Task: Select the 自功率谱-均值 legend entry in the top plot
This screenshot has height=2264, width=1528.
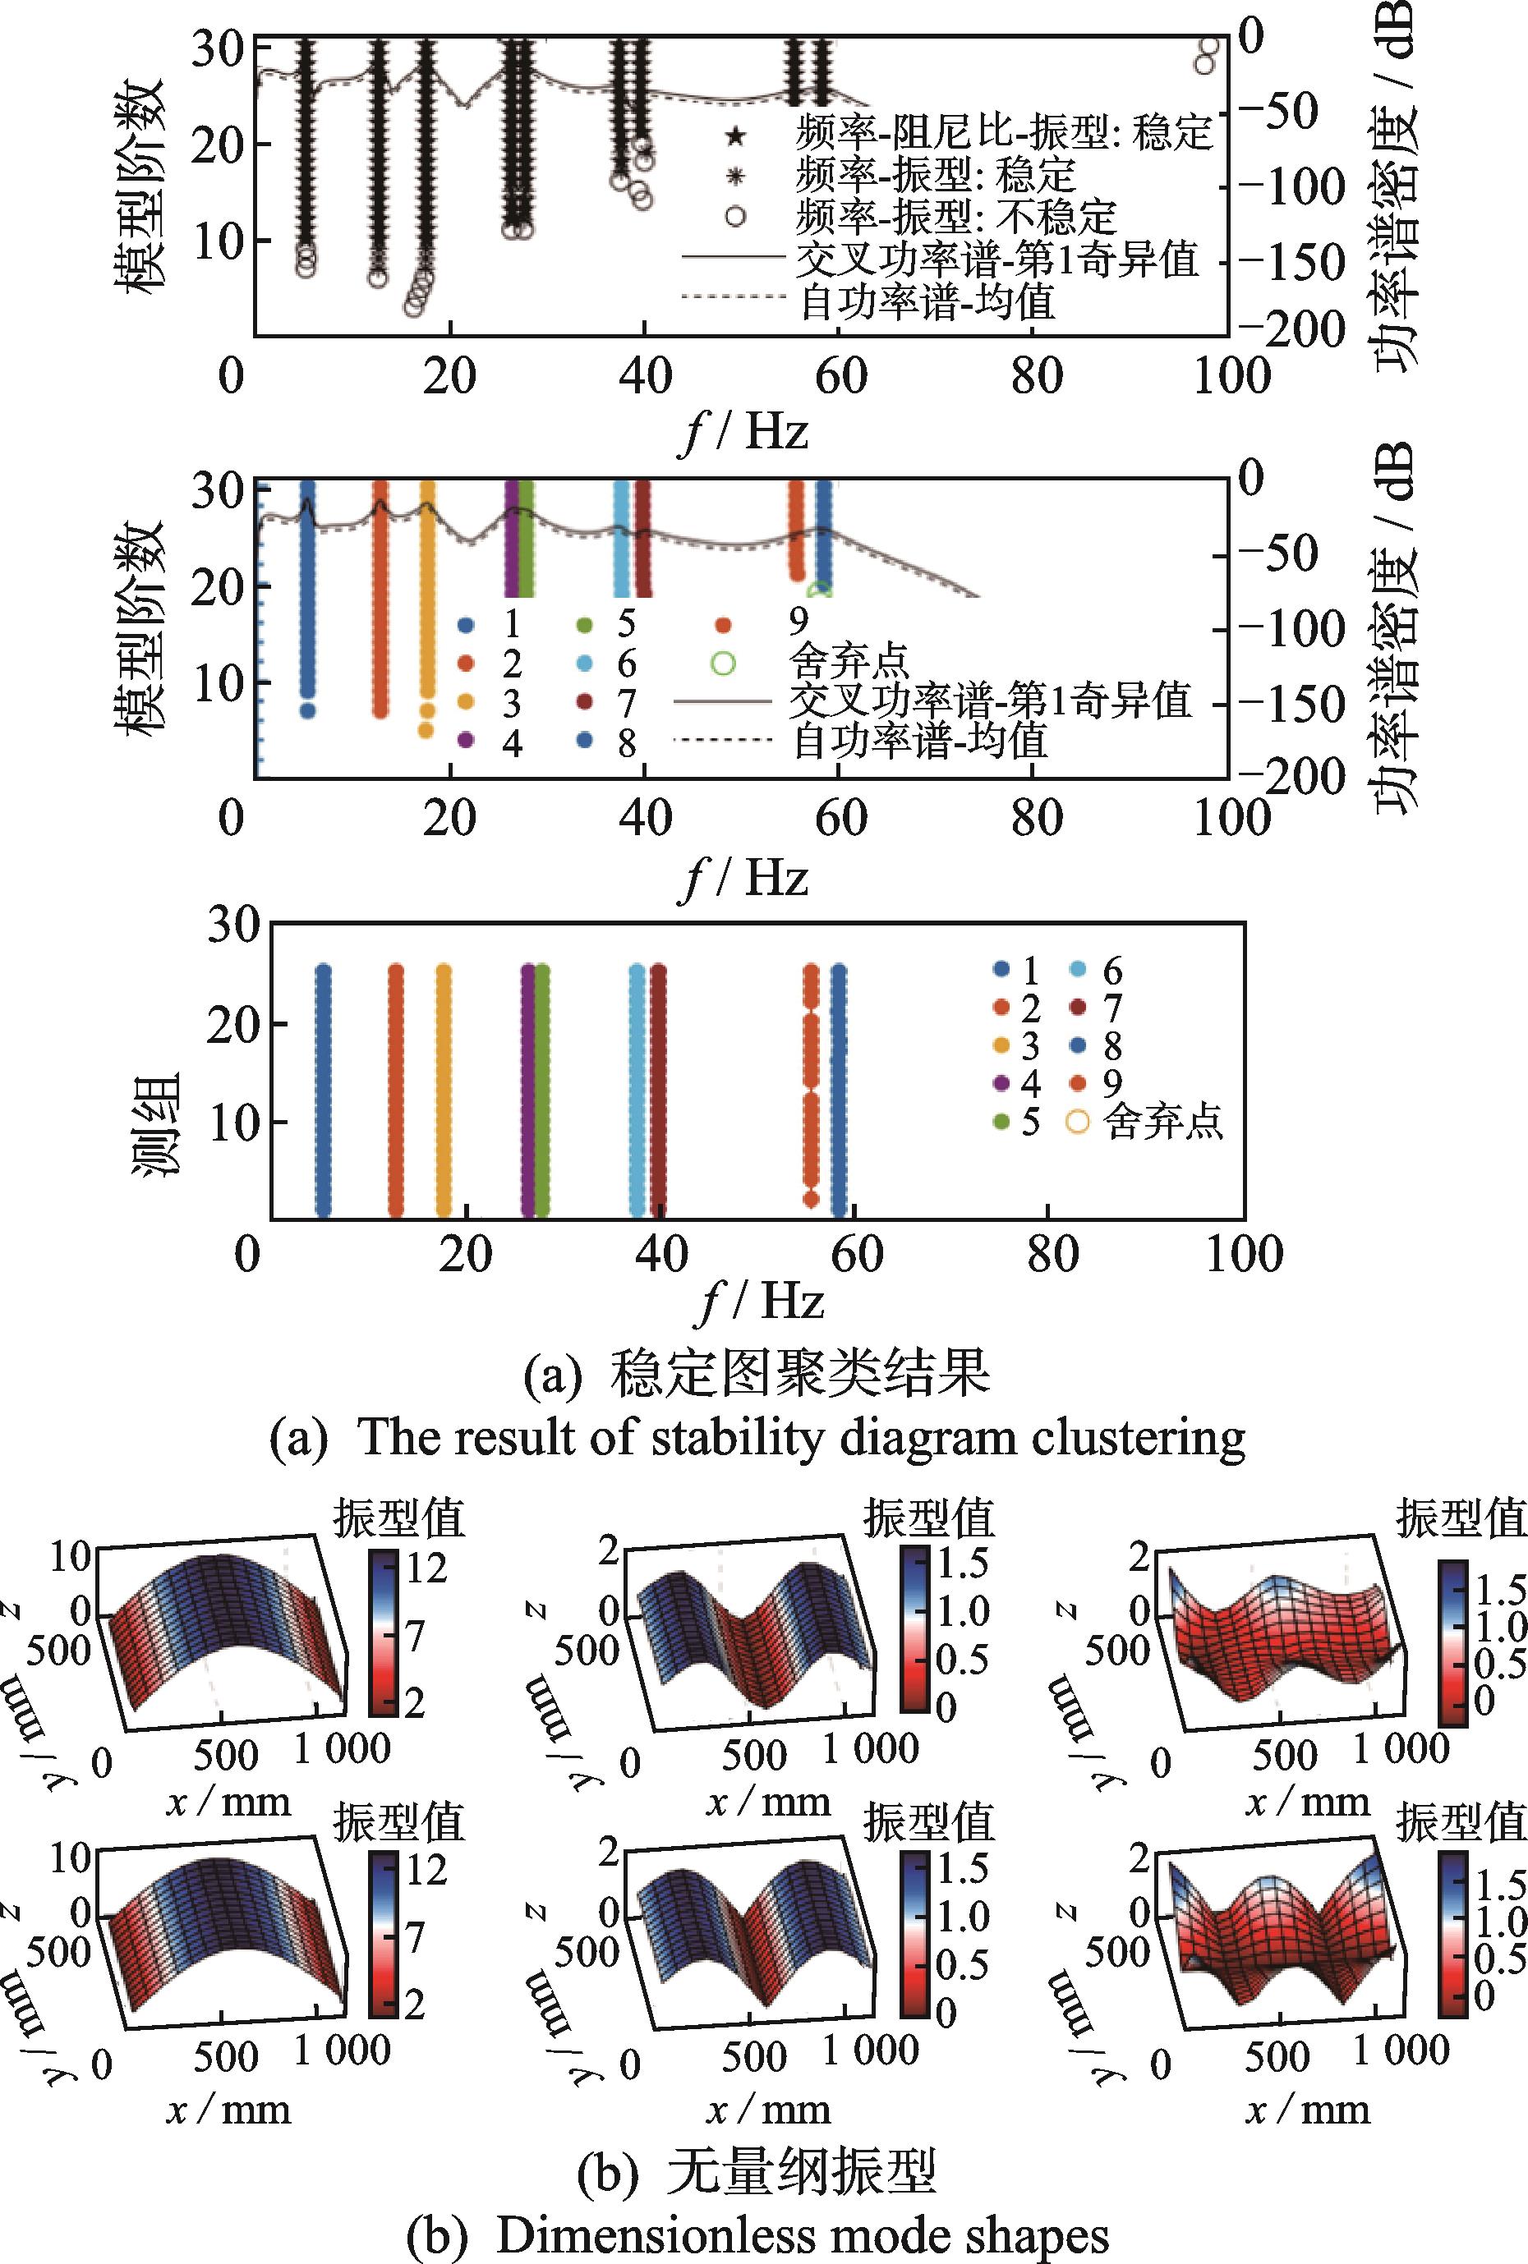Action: point(926,303)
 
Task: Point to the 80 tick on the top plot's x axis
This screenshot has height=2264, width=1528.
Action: point(1035,376)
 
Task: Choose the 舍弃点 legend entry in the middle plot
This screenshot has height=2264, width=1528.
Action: point(848,664)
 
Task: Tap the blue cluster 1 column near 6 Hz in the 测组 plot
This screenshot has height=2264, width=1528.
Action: point(323,1091)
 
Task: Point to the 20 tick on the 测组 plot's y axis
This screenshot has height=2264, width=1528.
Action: point(233,1024)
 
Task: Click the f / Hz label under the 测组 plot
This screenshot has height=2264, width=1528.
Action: point(761,1302)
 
